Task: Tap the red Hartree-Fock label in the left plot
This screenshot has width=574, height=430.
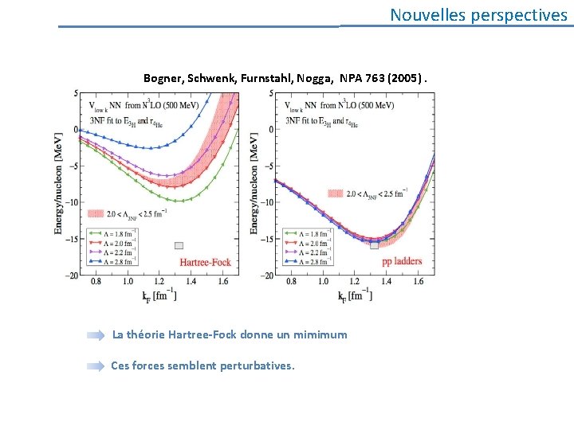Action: pyautogui.click(x=203, y=261)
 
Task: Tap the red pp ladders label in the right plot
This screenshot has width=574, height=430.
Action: pyautogui.click(x=402, y=261)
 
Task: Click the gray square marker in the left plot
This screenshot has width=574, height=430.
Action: pyautogui.click(x=179, y=245)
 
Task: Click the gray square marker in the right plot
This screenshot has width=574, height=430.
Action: pyautogui.click(x=375, y=245)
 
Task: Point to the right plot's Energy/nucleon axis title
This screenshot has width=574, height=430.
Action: pyautogui.click(x=254, y=184)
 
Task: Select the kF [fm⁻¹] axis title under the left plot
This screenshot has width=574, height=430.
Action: pyautogui.click(x=159, y=295)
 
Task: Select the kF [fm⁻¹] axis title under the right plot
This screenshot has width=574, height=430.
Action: pyautogui.click(x=355, y=295)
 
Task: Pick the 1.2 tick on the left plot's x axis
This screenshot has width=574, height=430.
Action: pyautogui.click(x=159, y=282)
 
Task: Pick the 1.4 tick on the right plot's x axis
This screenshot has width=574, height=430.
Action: pyautogui.click(x=385, y=282)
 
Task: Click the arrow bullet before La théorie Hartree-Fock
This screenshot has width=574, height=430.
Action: pyautogui.click(x=96, y=335)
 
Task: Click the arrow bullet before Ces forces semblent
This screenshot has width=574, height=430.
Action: pyautogui.click(x=96, y=366)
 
